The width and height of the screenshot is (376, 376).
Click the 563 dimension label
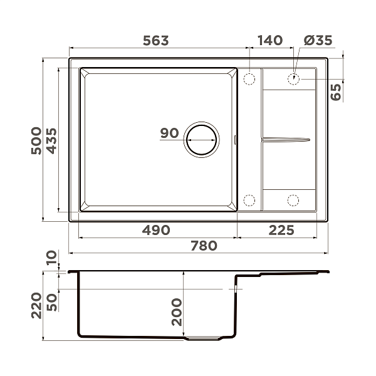pyautogui.click(x=156, y=41)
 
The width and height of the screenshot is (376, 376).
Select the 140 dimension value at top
pyautogui.click(x=269, y=41)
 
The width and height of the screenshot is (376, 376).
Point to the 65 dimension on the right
pyautogui.click(x=336, y=91)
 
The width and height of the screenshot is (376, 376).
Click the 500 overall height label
pyautogui.click(x=36, y=141)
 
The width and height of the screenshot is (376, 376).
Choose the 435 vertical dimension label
pyautogui.click(x=51, y=141)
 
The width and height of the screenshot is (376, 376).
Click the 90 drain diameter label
pyautogui.click(x=169, y=133)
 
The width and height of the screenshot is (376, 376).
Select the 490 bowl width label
pyautogui.click(x=156, y=230)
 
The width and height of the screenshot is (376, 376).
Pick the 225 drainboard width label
pyautogui.click(x=281, y=230)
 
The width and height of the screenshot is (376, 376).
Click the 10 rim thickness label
pyautogui.click(x=51, y=256)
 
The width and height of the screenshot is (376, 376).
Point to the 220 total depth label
pyautogui.click(x=36, y=305)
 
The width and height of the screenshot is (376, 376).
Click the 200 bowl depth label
pyautogui.click(x=177, y=311)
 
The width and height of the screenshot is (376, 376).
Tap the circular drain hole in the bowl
pyautogui.click(x=201, y=138)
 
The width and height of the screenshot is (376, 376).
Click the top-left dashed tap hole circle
pyautogui.click(x=249, y=80)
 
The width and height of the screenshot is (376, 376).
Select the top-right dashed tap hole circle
pyautogui.click(x=293, y=79)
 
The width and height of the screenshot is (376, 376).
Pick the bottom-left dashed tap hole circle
pyautogui.click(x=249, y=201)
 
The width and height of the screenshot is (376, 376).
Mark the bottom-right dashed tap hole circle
pyautogui.click(x=293, y=201)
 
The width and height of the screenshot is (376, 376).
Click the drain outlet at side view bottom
pyautogui.click(x=204, y=338)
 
